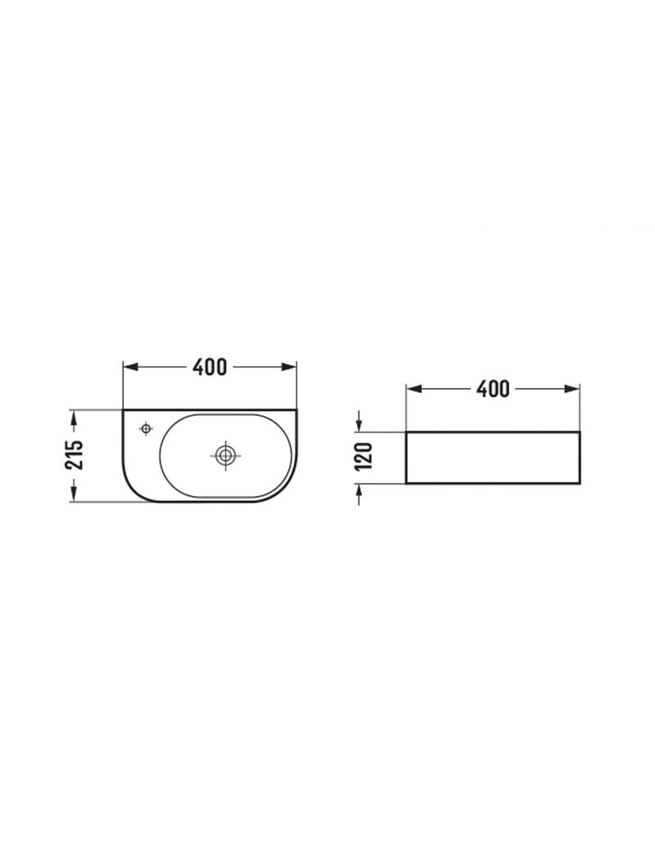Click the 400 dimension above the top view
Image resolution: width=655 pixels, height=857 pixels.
pyautogui.click(x=210, y=367)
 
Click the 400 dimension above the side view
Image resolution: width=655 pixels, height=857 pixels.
pyautogui.click(x=493, y=389)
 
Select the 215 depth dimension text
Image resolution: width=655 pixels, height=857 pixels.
pyautogui.click(x=74, y=455)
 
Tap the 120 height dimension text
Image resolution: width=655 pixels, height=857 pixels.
pyautogui.click(x=363, y=457)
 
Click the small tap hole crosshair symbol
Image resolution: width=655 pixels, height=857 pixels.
pyautogui.click(x=146, y=429)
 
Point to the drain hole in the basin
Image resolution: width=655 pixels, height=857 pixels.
pyautogui.click(x=224, y=455)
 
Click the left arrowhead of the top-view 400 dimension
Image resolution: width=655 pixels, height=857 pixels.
pyautogui.click(x=129, y=367)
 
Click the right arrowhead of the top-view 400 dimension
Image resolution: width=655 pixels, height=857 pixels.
pyautogui.click(x=290, y=367)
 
